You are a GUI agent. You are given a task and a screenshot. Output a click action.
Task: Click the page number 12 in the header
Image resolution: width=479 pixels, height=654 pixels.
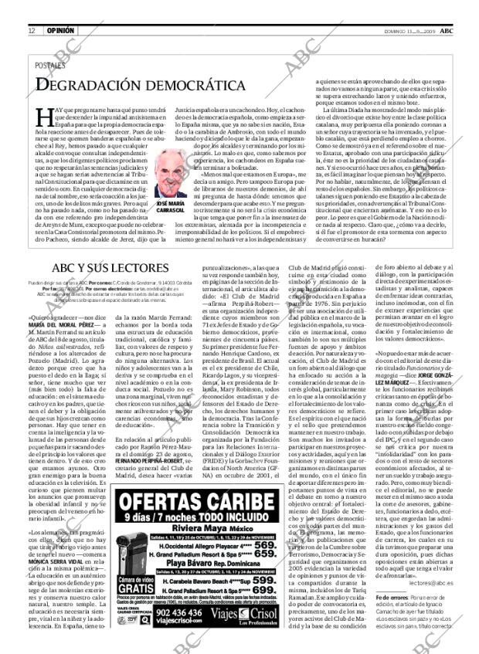pyautogui.click(x=31, y=8)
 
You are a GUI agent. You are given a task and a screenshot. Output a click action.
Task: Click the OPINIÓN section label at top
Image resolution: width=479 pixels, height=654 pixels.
pyautogui.click(x=60, y=8)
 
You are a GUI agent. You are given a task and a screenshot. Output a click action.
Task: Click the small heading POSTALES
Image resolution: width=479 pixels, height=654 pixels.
pyautogui.click(x=51, y=66)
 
